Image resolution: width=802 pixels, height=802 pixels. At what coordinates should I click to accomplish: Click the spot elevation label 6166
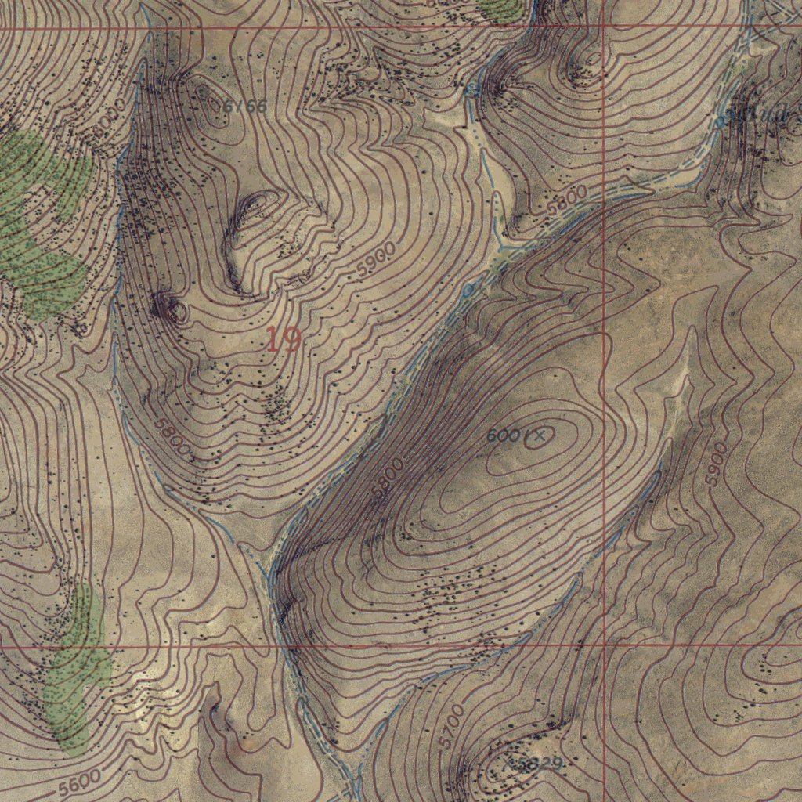[x=244, y=107]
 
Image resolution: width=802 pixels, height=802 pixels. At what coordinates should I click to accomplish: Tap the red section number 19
[x=283, y=339]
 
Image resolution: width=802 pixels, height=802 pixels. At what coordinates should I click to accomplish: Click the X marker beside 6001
[x=538, y=436]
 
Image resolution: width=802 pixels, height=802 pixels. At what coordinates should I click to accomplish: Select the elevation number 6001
[x=504, y=435]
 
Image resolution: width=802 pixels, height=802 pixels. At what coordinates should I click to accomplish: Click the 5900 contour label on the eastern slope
[x=717, y=464]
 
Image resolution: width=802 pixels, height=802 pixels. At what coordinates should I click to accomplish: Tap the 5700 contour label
[x=453, y=724]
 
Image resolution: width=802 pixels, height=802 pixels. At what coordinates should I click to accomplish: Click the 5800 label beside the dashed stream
[x=567, y=205]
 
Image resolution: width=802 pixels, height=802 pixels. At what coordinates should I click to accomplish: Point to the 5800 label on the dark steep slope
[x=388, y=479]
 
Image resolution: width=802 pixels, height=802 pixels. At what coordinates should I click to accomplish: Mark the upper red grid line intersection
[x=605, y=27]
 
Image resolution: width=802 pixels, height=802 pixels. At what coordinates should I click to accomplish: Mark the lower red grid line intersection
[x=605, y=647]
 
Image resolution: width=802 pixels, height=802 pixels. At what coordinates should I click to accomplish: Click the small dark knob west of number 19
[x=171, y=308]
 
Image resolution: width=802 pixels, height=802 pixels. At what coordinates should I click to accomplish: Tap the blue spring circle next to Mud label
[x=722, y=122]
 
